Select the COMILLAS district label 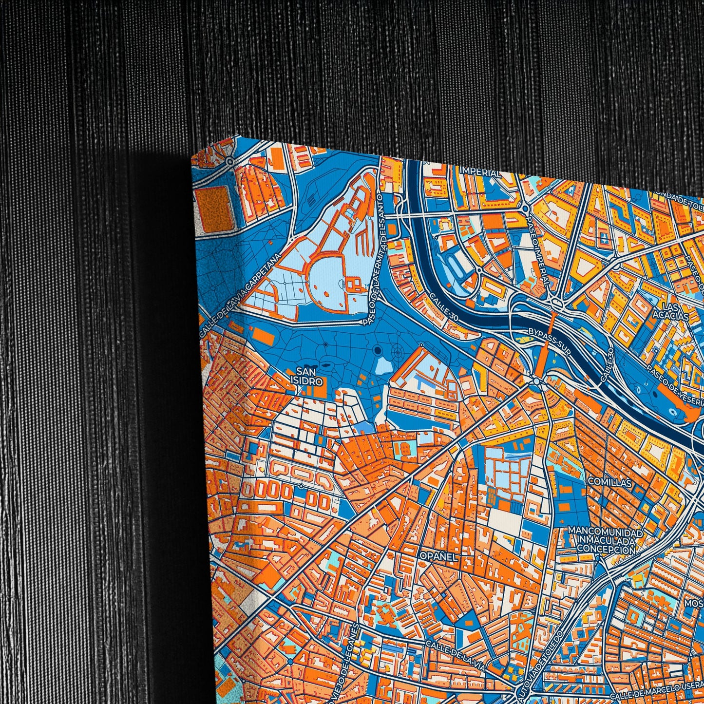(609, 482)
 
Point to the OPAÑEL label (438, 556)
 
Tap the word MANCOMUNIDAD (605, 532)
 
